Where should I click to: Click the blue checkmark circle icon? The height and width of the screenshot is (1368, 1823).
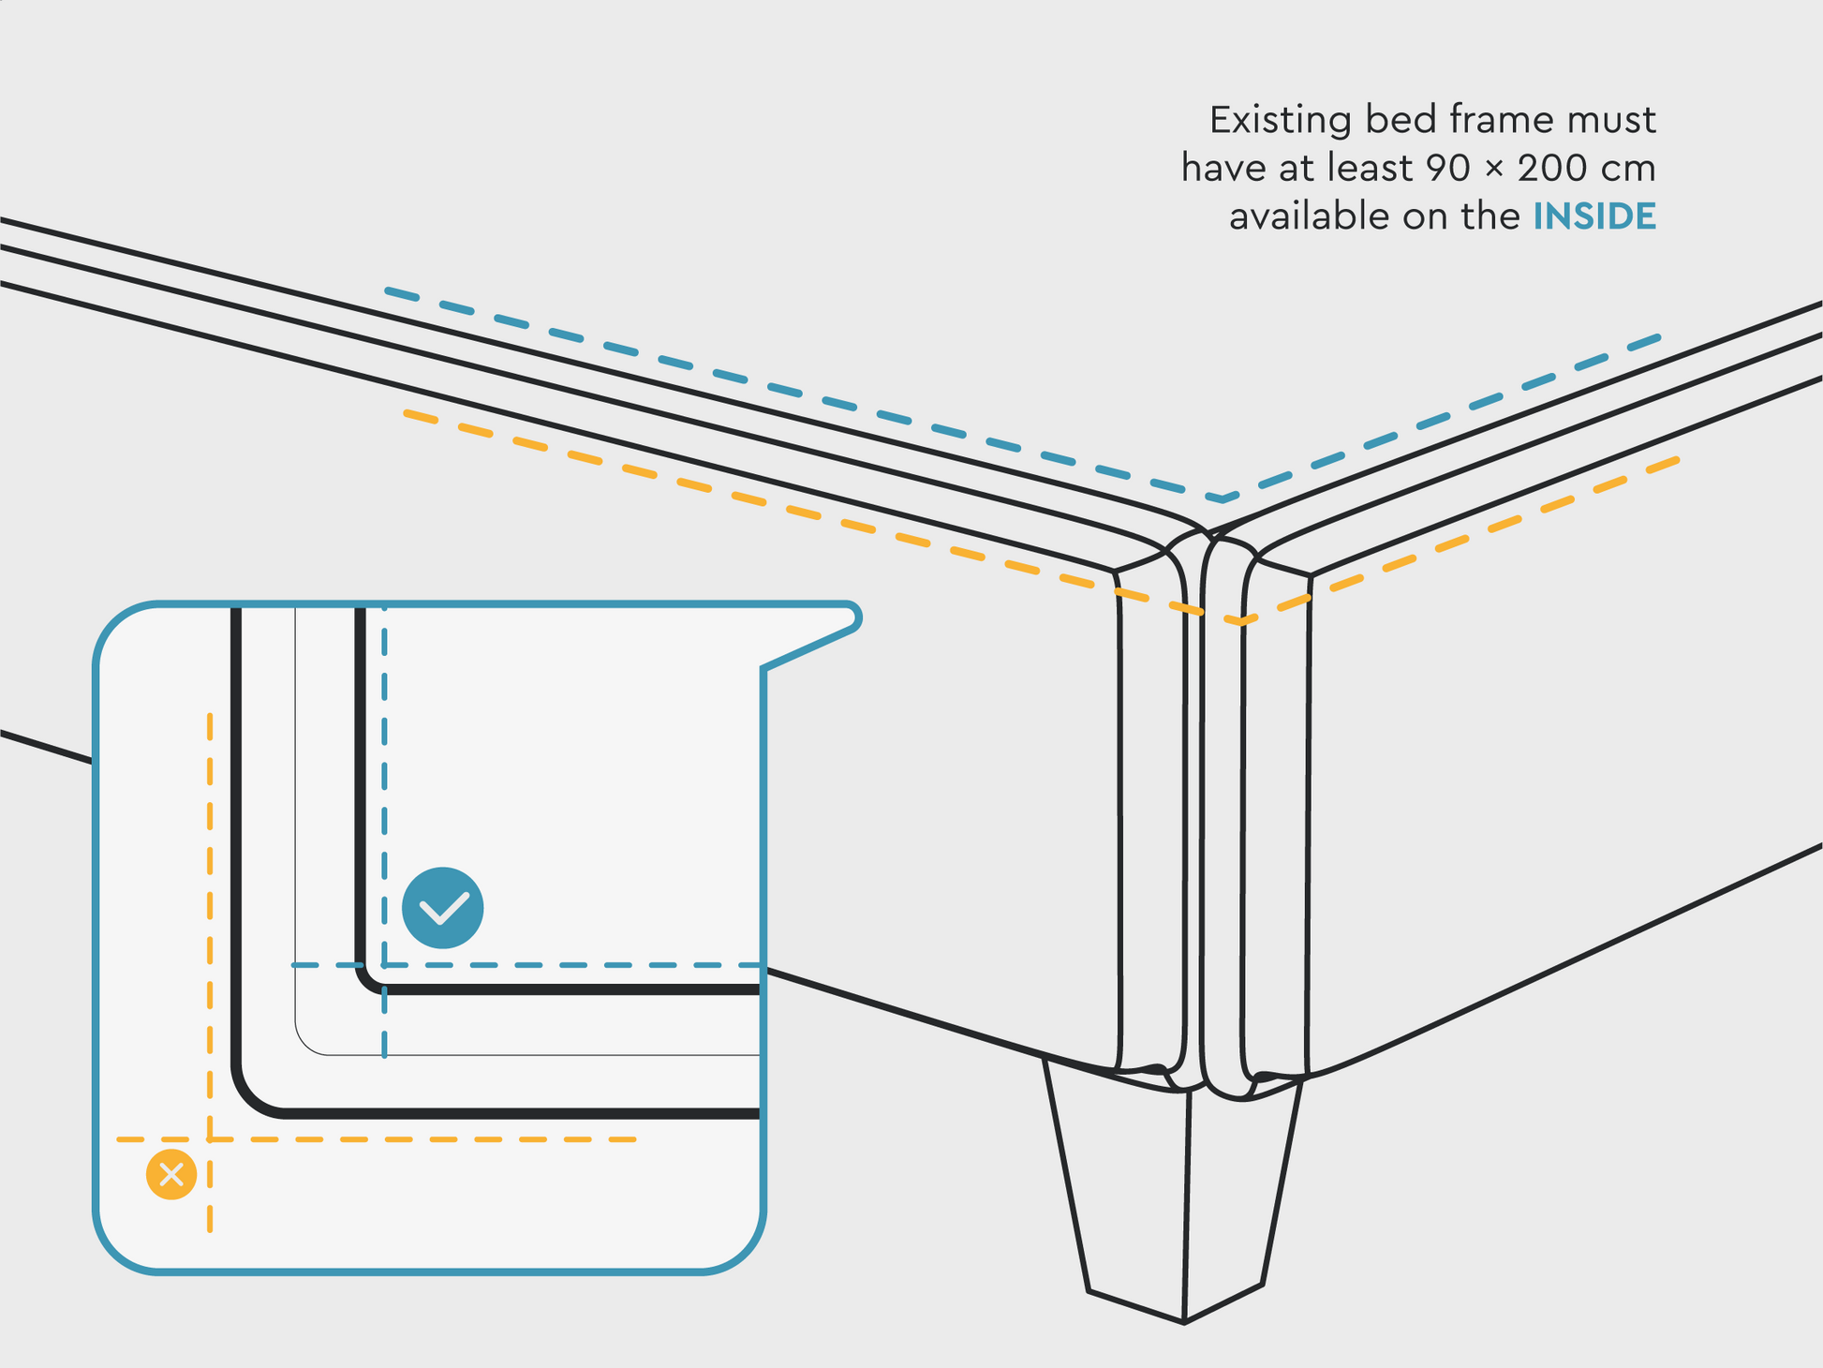(x=442, y=907)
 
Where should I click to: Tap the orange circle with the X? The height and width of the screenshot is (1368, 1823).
(x=171, y=1174)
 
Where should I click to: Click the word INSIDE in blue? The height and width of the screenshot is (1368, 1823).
(x=1594, y=216)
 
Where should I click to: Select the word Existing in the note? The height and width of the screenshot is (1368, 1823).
(x=1281, y=120)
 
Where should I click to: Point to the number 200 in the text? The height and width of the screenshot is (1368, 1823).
(x=1550, y=169)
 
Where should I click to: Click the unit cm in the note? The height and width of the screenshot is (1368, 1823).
(x=1629, y=169)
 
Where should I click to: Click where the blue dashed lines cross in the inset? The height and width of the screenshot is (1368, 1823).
(x=384, y=964)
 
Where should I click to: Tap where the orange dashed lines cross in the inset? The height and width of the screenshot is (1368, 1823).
(x=210, y=1139)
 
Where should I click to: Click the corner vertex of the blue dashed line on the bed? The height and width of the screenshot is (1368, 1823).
(x=1222, y=499)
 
